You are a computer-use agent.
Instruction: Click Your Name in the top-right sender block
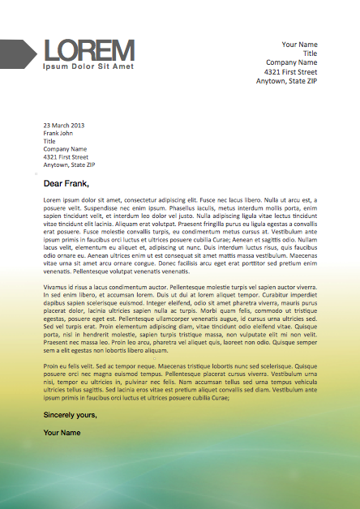[x=299, y=43]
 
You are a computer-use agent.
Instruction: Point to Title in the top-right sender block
[x=310, y=53]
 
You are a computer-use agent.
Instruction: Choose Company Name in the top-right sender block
[x=291, y=62]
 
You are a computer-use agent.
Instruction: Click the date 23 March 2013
[x=64, y=125]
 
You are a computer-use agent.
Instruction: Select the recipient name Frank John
[x=58, y=133]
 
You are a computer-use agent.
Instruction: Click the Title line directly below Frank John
[x=49, y=141]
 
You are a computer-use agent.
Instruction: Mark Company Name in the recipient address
[x=65, y=149]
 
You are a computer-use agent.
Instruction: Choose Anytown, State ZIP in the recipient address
[x=69, y=165]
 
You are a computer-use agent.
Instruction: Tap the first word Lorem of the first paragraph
[x=53, y=199]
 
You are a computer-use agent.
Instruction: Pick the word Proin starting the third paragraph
[x=51, y=366]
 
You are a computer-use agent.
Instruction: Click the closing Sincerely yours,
[x=70, y=415]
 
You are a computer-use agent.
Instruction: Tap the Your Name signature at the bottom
[x=62, y=433]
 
